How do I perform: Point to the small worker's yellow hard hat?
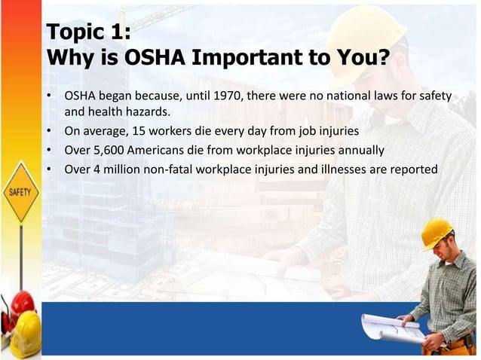tap(437, 232)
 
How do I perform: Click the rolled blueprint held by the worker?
tap(389, 328)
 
